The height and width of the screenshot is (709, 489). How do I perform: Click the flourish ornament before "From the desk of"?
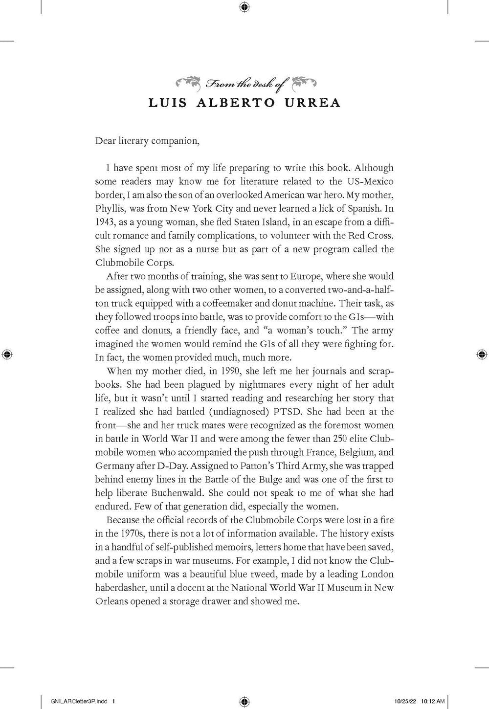[x=189, y=83]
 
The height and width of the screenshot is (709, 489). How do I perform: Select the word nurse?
[x=198, y=249]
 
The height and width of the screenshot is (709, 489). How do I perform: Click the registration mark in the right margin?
[x=481, y=354]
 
